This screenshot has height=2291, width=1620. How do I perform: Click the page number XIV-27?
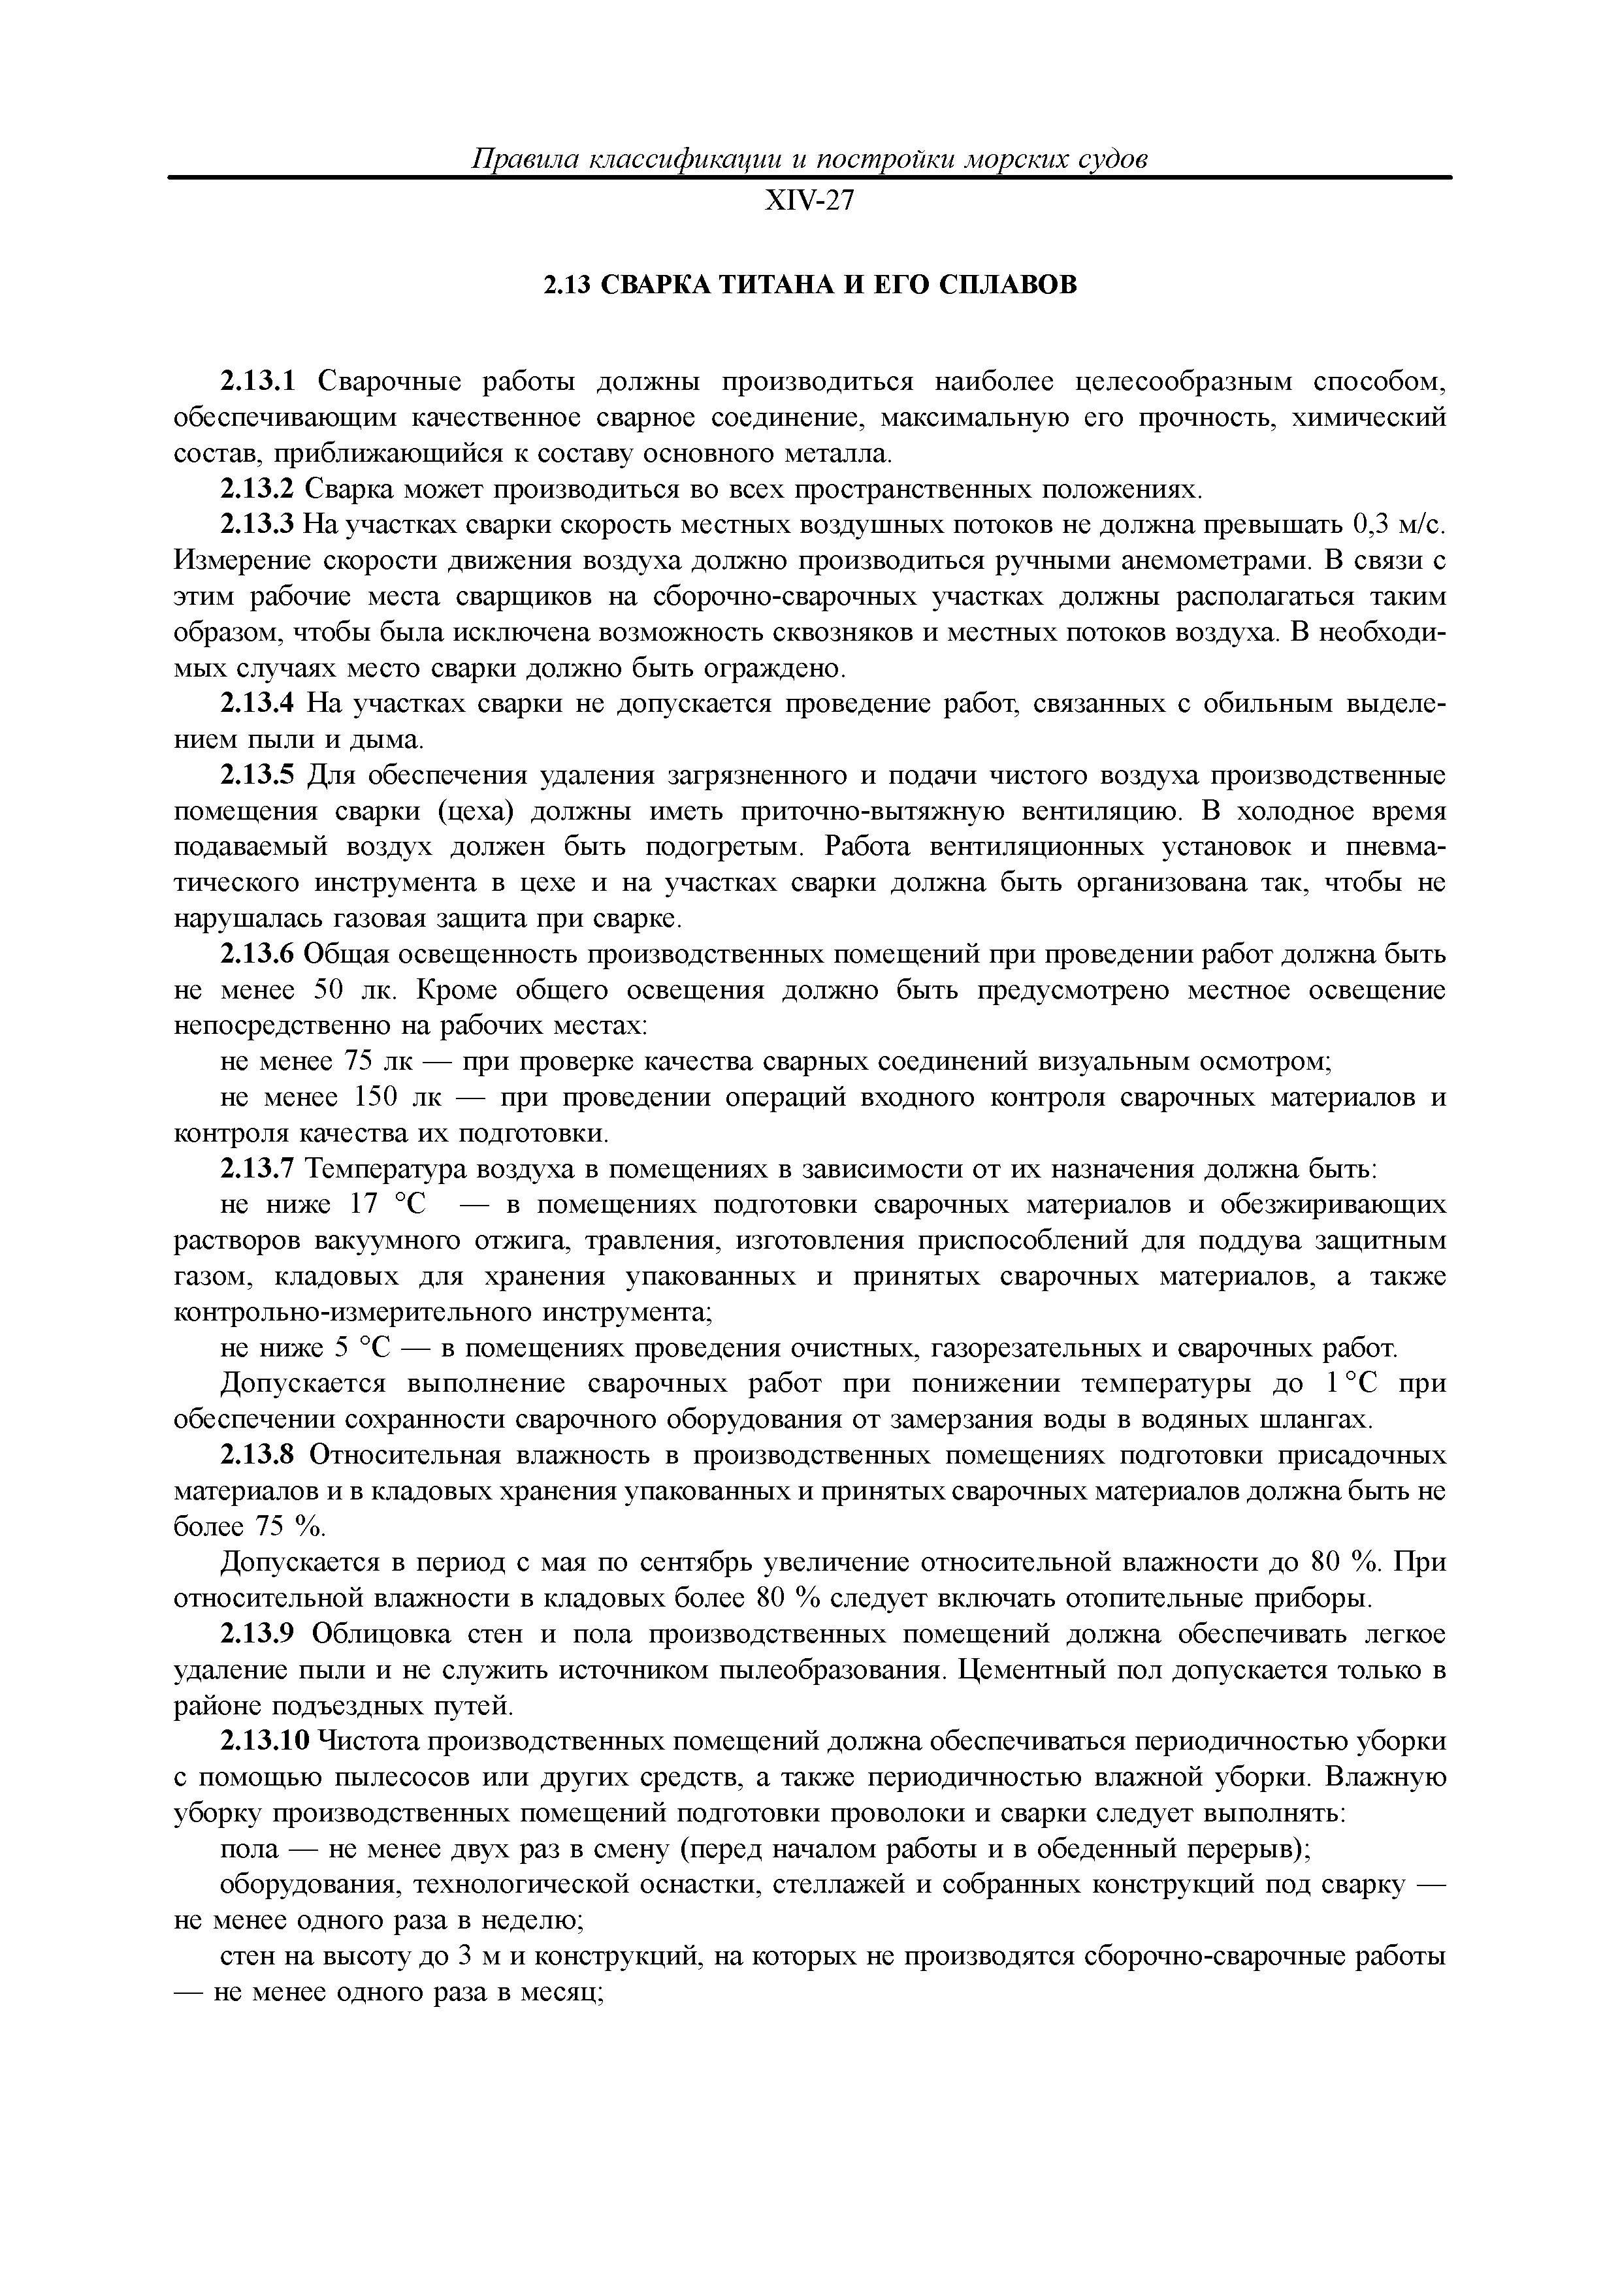coord(809,202)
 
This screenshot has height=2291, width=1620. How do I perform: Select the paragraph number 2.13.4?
coord(259,705)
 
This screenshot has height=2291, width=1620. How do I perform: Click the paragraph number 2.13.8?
coord(259,1457)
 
